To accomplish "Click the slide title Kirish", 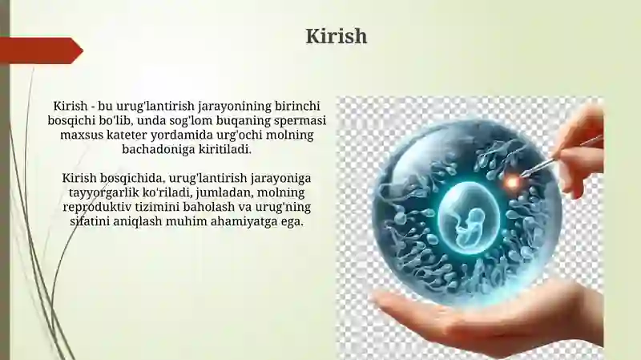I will point(337,37).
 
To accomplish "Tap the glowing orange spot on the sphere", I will point(510,183).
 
